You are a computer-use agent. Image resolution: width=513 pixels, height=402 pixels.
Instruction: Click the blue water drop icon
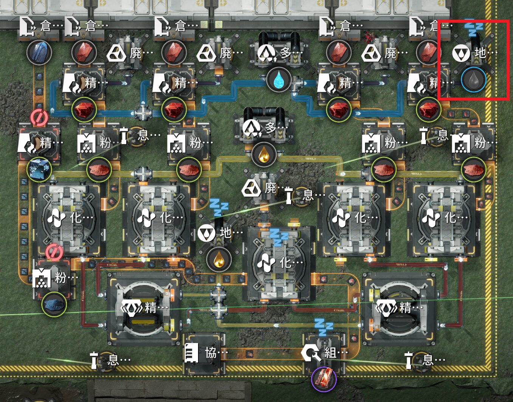point(279,80)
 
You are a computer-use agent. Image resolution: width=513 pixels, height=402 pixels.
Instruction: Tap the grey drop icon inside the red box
point(473,80)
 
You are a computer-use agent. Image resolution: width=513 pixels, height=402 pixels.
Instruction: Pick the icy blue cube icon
point(39,168)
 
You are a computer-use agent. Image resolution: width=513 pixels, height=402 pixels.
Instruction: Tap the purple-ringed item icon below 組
point(324,379)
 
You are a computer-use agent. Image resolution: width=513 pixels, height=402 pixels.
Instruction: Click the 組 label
point(330,353)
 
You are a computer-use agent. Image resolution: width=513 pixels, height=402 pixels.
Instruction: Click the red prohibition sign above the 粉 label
point(54,252)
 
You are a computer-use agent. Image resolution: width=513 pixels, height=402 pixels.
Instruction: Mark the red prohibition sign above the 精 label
point(39,118)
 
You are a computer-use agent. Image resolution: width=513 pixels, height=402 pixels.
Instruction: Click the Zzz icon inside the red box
point(473,28)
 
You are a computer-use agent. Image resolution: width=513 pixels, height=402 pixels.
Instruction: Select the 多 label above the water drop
point(285,53)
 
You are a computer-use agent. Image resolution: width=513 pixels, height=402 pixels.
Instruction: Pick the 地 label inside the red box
point(480,53)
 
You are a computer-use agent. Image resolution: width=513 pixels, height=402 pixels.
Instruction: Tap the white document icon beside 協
point(191,353)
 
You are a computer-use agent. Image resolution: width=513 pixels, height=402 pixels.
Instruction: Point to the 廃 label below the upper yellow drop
point(270,188)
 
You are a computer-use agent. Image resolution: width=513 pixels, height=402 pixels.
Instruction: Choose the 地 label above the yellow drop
point(226,232)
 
